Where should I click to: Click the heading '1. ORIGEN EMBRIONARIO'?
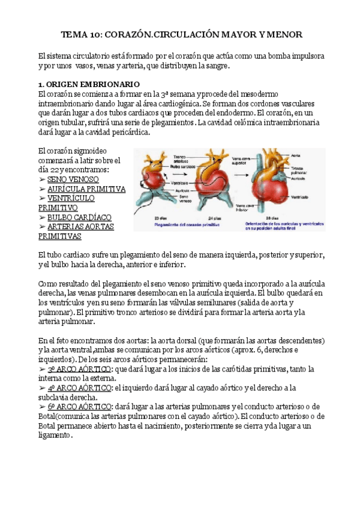(88, 84)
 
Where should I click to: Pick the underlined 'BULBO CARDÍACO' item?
(79, 217)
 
